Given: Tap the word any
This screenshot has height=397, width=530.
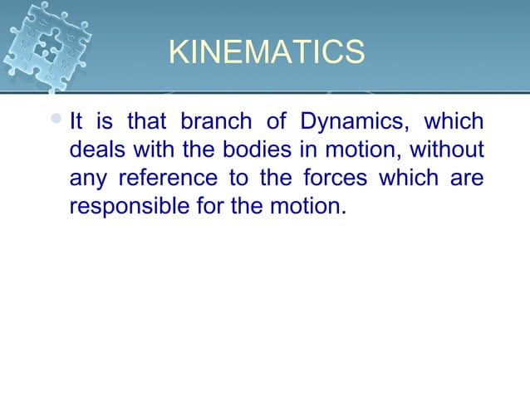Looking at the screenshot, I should pos(87,178).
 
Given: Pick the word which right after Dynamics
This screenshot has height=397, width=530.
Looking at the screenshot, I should pos(454,122).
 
